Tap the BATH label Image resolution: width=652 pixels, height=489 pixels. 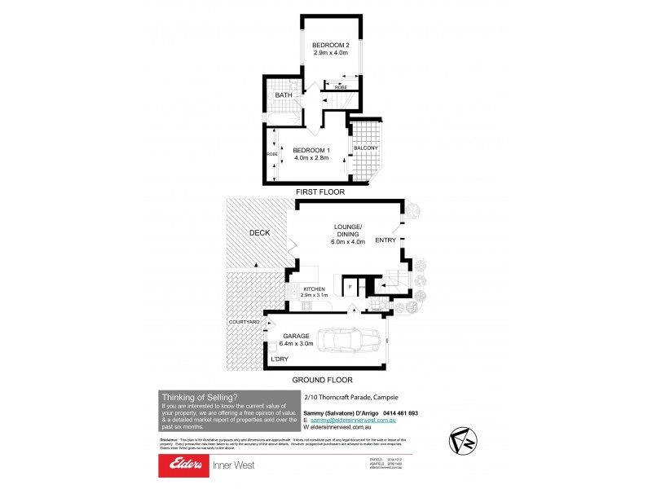pyautogui.click(x=283, y=95)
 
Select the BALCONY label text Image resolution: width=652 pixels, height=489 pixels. pyautogui.click(x=365, y=148)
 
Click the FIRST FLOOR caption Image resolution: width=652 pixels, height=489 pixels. pyautogui.click(x=322, y=192)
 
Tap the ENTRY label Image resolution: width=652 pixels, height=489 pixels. pyautogui.click(x=385, y=240)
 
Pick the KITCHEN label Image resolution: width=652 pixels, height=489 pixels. pyautogui.click(x=314, y=289)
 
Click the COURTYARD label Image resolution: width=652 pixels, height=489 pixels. pyautogui.click(x=244, y=323)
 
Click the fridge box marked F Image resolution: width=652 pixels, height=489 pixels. pyautogui.click(x=350, y=288)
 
